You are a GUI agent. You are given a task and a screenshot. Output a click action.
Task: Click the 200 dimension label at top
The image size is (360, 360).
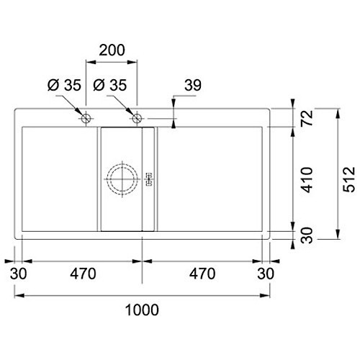[112, 50]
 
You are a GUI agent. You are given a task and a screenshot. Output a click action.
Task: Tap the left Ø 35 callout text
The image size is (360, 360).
[64, 85]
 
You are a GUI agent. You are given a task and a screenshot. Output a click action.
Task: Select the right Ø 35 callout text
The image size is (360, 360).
[109, 85]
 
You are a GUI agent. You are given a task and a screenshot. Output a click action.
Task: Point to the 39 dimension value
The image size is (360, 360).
[193, 85]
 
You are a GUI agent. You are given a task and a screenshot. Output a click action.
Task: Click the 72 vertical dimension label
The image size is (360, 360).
[307, 117]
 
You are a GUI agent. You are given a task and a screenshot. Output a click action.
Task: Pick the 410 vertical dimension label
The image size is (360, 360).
[307, 180]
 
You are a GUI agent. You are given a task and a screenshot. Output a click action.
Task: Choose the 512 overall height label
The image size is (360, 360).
[349, 179]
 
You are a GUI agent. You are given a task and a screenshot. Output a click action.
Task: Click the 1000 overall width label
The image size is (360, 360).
[142, 310]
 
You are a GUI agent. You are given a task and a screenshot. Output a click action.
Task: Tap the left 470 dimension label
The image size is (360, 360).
[83, 274]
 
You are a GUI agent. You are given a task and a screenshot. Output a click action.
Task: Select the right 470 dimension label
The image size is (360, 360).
[202, 274]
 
